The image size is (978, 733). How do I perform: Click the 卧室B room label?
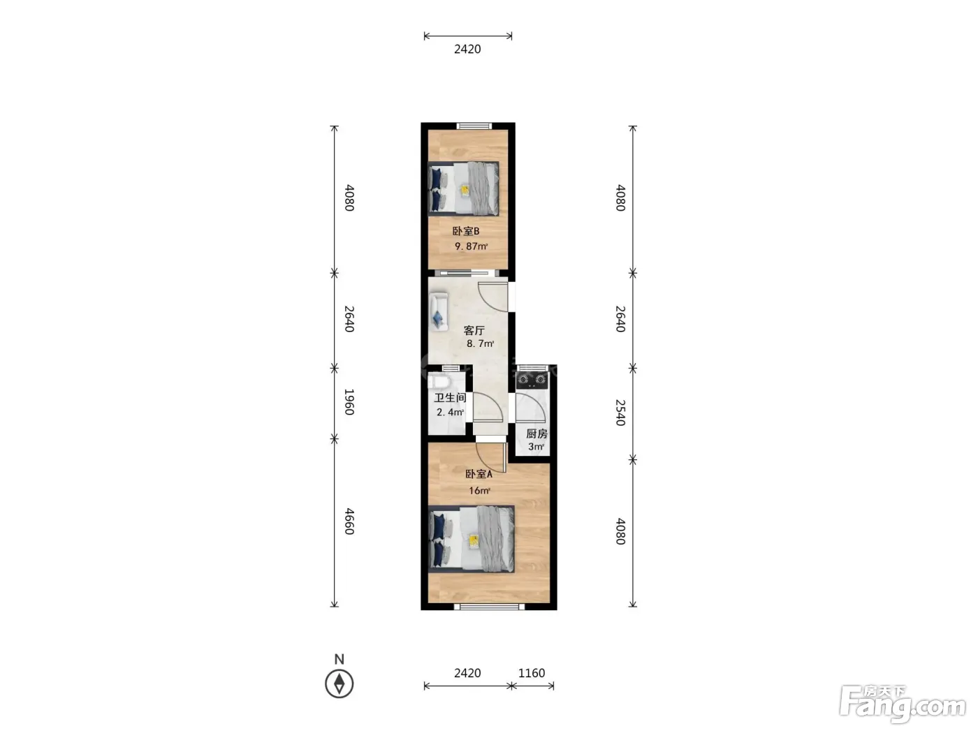pos(466,231)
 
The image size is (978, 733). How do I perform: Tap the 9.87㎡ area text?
pos(471,246)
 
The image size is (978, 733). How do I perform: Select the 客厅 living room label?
pos(474,330)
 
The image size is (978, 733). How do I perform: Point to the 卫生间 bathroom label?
pos(450,397)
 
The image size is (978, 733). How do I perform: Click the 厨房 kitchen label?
pos(537,434)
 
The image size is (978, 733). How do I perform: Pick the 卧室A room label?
pos(479,474)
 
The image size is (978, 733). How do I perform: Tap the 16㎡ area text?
pos(479,491)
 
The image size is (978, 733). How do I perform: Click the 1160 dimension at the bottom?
pos(532,673)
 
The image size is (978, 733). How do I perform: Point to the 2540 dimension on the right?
pos(620,413)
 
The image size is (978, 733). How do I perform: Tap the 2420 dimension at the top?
pos(467,49)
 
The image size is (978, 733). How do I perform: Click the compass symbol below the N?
pos(339,683)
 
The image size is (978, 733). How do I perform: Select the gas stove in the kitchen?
pos(531,380)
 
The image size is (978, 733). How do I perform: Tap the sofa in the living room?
pos(439,311)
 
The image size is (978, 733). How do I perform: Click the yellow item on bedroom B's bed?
pos(465,190)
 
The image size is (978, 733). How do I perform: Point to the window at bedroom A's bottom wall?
pos(490,606)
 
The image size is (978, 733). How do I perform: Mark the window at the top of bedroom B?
pos(474,126)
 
